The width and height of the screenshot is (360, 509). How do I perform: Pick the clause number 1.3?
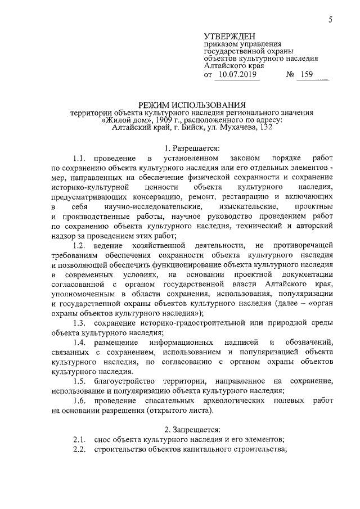[79, 323]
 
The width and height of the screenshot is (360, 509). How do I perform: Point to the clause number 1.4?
[79, 343]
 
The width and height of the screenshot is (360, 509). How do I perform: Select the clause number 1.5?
[79, 381]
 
